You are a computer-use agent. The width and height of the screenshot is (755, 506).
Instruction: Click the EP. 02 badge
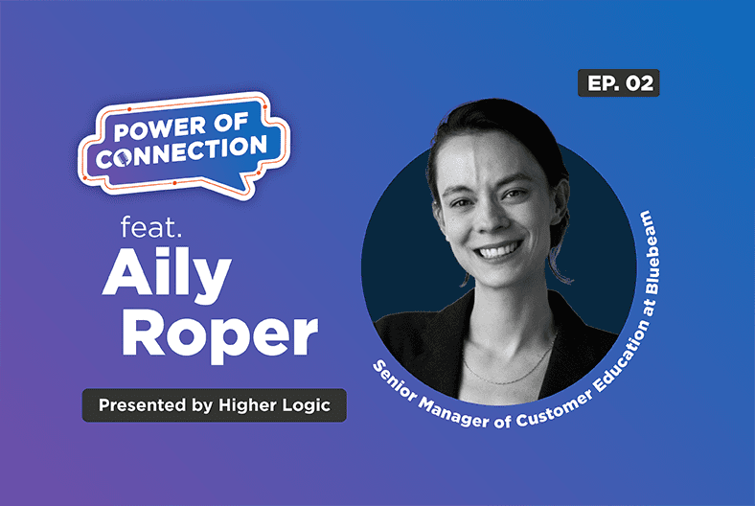618,83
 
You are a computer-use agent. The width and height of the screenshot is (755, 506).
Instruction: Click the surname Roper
219,334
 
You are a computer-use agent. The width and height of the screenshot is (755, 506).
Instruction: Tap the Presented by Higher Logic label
214,405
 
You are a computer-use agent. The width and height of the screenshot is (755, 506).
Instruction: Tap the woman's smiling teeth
497,251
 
